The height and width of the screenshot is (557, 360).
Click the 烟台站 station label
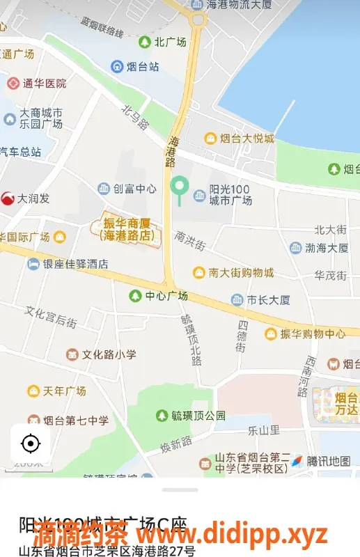143,67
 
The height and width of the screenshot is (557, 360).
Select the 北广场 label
169,42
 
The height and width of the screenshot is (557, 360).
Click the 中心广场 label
166,296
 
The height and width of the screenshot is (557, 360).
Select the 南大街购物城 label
242,272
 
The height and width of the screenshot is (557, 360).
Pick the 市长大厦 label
269,300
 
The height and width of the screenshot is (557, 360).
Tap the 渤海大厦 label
327,248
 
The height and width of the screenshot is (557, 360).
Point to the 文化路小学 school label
109,354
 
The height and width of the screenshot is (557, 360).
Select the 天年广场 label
64,391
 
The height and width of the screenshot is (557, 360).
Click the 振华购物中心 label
312,334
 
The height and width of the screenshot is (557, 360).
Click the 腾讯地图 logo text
328,461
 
